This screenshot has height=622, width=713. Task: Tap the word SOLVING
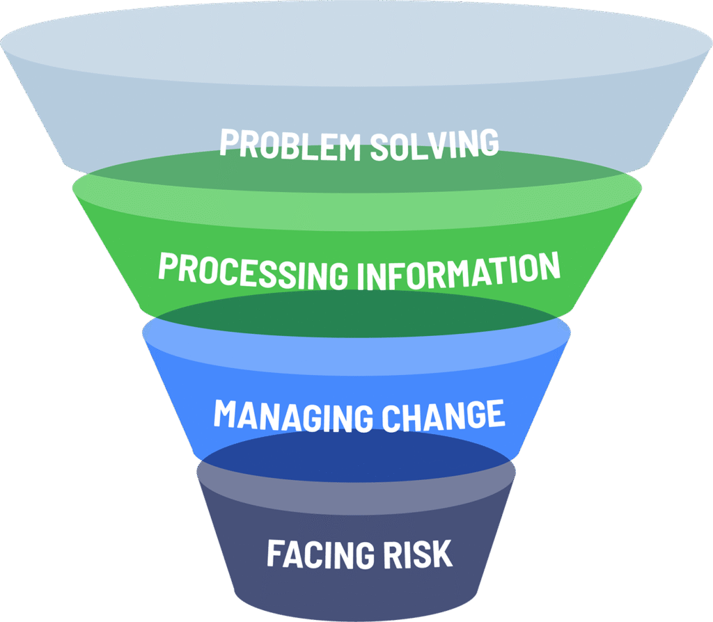point(434,143)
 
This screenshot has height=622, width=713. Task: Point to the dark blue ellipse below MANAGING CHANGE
point(357,456)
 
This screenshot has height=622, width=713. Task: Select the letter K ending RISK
point(441,555)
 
